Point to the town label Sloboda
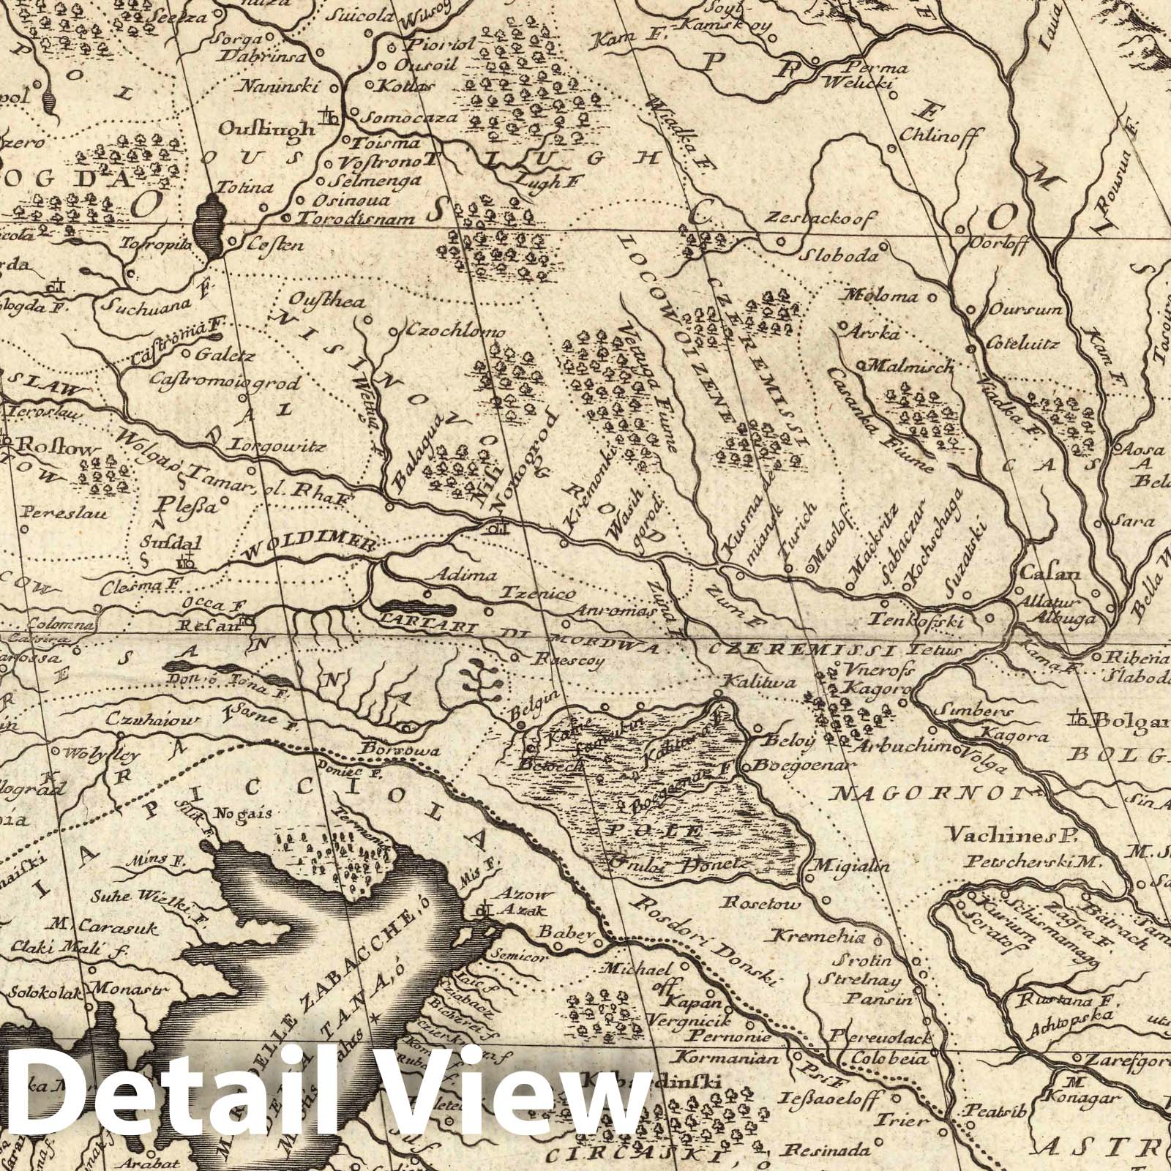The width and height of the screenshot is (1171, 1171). coord(838,257)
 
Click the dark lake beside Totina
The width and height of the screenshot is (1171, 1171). coord(209,228)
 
